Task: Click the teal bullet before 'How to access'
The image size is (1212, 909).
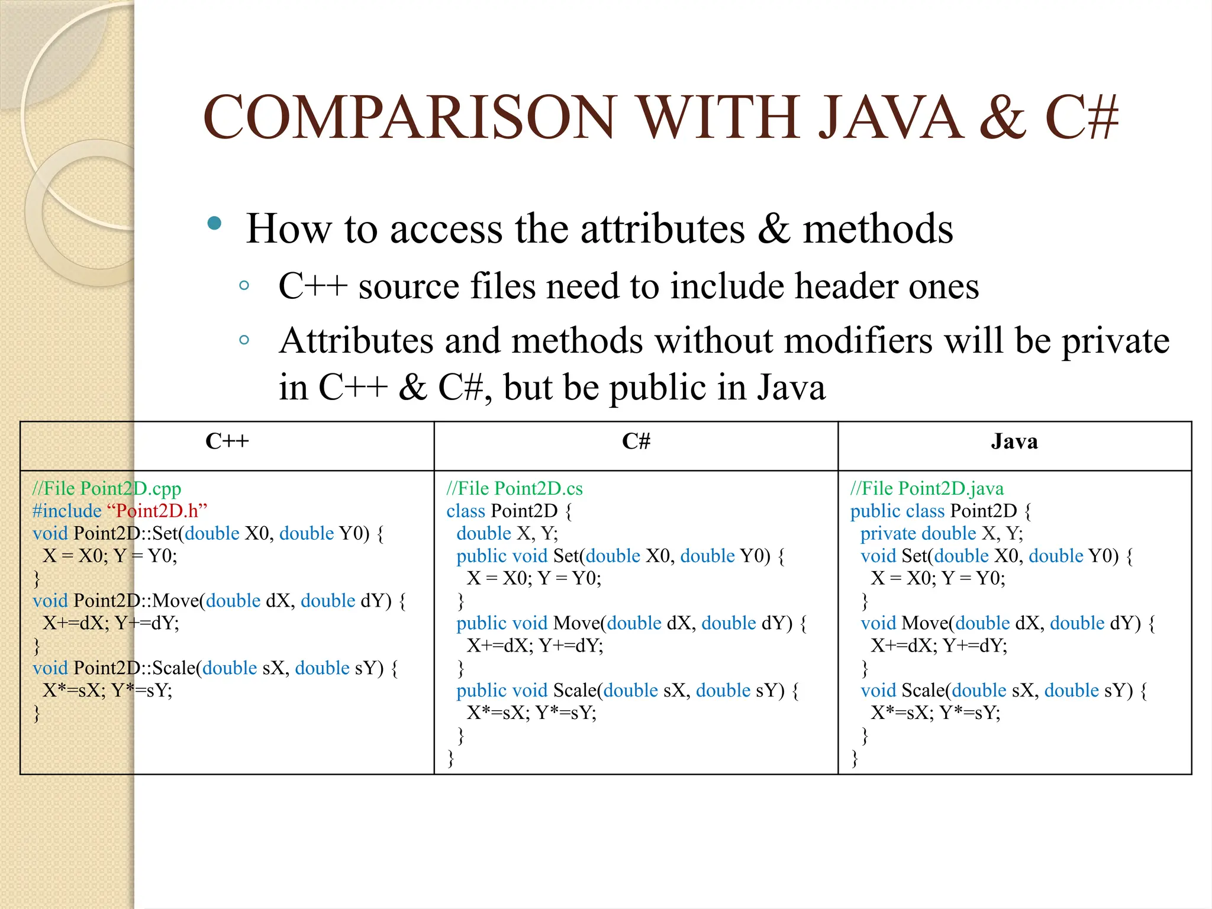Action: click(x=214, y=224)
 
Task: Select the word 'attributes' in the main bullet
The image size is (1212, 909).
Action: click(x=662, y=229)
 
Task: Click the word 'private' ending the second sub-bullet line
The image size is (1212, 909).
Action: click(x=1115, y=342)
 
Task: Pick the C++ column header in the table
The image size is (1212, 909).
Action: click(x=227, y=441)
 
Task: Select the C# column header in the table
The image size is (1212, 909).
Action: click(x=636, y=441)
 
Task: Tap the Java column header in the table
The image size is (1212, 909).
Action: click(x=1014, y=441)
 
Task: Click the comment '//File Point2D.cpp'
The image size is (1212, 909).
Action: click(x=107, y=489)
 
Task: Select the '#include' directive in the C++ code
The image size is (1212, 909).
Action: click(x=67, y=511)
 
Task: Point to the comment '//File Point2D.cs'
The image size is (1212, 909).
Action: click(x=514, y=489)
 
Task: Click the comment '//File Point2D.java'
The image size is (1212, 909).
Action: click(x=927, y=489)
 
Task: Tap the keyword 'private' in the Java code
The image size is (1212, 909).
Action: click(x=888, y=534)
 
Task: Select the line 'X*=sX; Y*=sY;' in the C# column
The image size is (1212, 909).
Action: click(x=531, y=713)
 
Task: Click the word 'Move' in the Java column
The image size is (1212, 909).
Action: click(x=925, y=623)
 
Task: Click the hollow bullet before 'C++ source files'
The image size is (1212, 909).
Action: click(x=244, y=286)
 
